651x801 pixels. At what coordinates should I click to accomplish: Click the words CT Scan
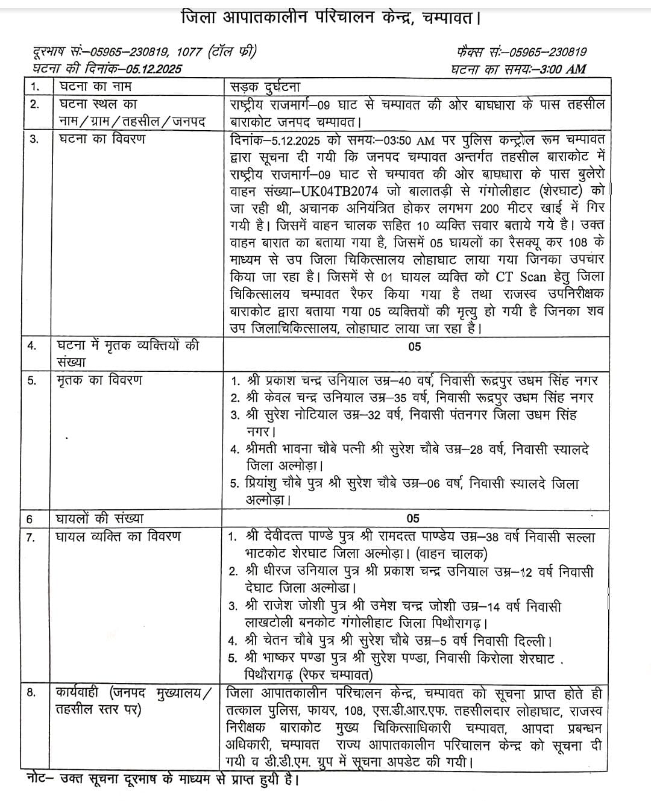click(520, 277)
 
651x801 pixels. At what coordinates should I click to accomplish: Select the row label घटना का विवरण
click(101, 139)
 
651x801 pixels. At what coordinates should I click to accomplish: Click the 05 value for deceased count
click(414, 347)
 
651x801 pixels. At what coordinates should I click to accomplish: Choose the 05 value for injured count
click(413, 518)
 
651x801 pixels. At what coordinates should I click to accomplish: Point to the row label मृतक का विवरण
click(99, 380)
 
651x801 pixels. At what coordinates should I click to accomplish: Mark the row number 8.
click(31, 693)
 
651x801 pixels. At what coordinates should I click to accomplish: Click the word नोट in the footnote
click(39, 779)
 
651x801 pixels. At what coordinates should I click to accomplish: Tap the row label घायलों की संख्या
click(99, 518)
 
